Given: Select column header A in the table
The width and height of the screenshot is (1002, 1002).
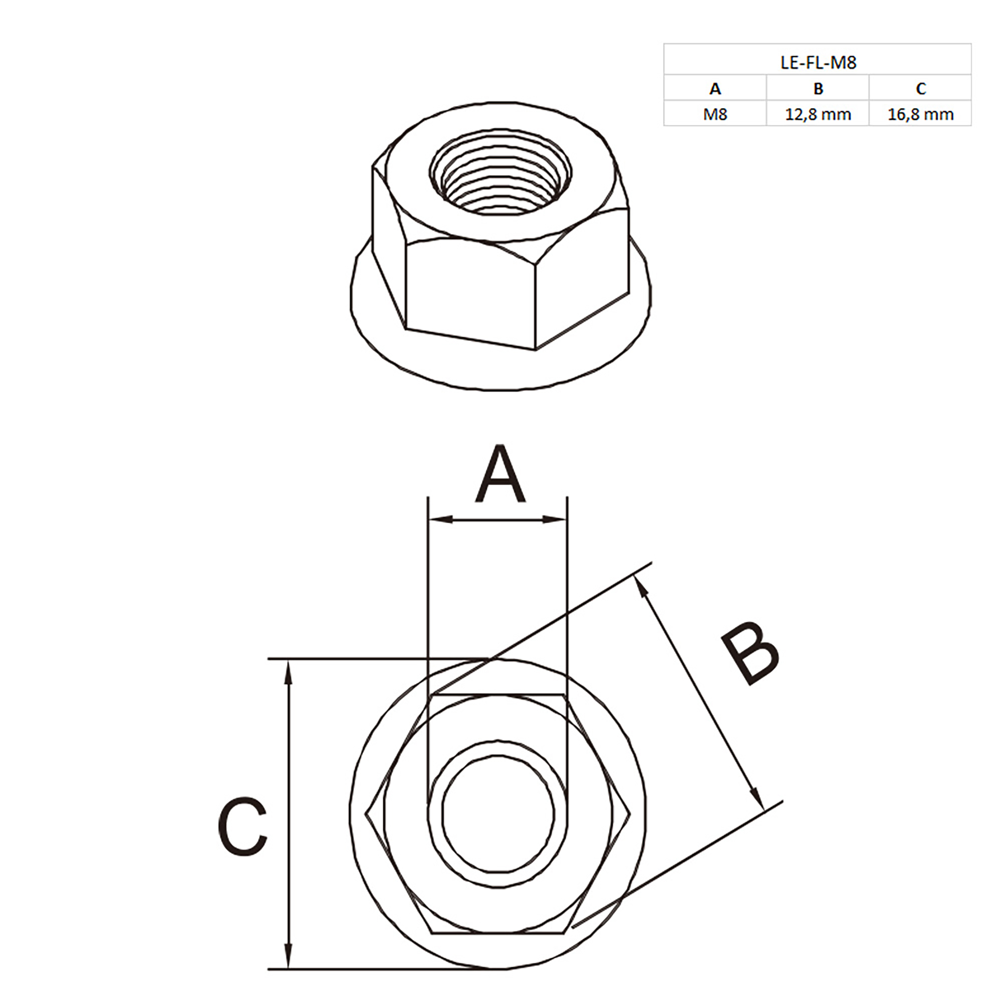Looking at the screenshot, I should point(715,89).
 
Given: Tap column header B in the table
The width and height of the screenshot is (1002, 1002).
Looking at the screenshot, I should point(818,89).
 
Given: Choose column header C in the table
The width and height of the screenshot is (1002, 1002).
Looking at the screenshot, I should point(921,89).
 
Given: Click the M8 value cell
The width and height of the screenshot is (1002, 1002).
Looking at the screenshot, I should point(715,114).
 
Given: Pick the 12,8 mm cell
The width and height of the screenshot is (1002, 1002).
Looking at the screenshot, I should point(818,114).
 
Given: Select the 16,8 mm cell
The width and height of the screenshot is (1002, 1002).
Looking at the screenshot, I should point(921,114).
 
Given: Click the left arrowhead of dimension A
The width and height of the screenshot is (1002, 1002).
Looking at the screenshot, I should point(440,519).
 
